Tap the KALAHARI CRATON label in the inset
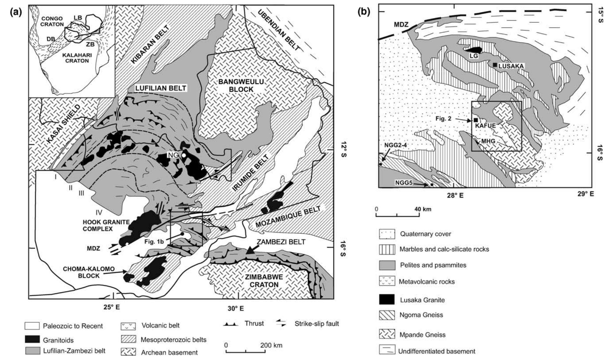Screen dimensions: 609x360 (75, 58)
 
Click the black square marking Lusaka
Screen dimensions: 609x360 (495, 65)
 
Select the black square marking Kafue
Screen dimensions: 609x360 (475, 120)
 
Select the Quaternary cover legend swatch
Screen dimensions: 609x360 (387, 234)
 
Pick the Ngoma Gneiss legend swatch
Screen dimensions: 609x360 (387, 315)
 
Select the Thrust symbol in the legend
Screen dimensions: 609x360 (230, 324)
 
